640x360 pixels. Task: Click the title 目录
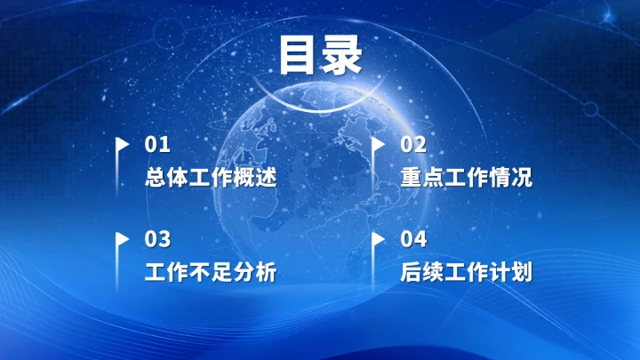320,54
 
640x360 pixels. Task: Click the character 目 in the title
299,54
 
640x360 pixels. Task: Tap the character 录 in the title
342,54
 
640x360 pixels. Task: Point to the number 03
156,239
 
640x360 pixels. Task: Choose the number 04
413,239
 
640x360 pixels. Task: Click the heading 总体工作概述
210,177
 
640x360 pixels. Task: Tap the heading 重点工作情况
467,177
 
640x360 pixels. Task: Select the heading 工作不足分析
210,272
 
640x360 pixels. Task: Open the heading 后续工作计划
467,272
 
